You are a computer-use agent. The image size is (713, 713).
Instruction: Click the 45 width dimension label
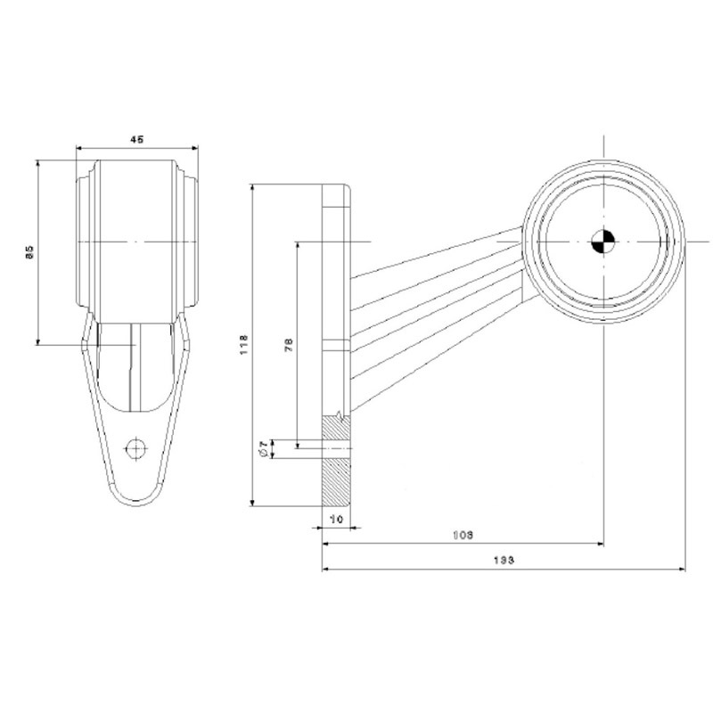click(136, 139)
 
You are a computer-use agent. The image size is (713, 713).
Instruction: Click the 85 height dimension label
click(29, 253)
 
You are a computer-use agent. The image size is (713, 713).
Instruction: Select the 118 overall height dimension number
click(243, 345)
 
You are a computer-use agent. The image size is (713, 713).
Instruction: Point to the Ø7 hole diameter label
click(261, 451)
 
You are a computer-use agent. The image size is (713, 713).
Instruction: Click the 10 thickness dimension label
click(336, 518)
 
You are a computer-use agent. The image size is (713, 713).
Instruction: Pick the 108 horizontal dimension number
click(462, 535)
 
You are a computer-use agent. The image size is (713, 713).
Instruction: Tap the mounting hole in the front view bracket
click(136, 447)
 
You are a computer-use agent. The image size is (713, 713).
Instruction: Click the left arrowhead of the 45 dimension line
click(79, 148)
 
